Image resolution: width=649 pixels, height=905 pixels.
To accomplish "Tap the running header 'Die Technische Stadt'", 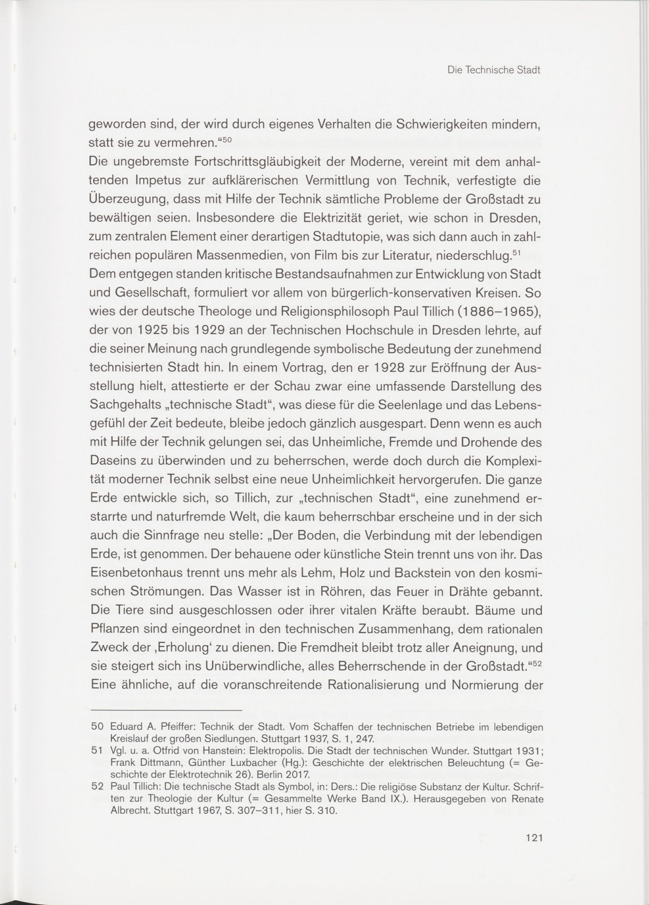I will click(x=494, y=71).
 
